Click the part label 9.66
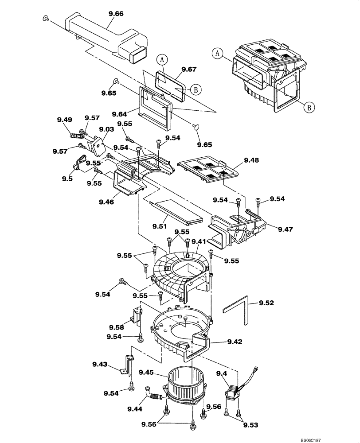click(116, 14)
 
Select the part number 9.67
click(189, 69)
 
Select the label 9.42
click(235, 342)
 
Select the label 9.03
click(106, 129)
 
